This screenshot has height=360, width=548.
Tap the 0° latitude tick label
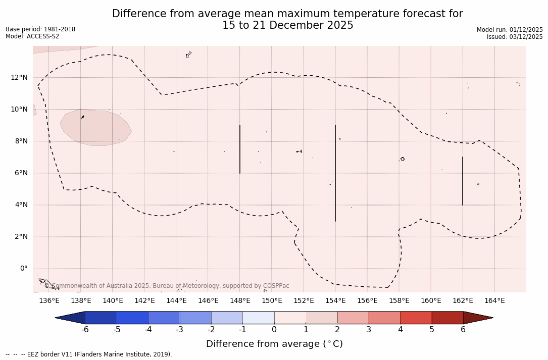click(23, 269)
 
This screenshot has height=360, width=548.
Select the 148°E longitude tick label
click(240, 300)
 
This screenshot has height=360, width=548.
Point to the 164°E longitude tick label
click(494, 300)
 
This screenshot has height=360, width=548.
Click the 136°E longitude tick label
click(49, 300)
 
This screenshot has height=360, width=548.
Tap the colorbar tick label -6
click(85, 330)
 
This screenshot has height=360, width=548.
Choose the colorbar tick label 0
click(274, 330)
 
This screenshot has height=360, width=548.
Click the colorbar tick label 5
click(432, 330)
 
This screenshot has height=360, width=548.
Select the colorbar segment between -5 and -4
click(132, 318)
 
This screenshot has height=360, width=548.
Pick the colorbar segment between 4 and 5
click(416, 318)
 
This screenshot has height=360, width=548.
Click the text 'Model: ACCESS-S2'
click(32, 36)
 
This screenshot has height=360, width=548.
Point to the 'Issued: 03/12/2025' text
click(515, 37)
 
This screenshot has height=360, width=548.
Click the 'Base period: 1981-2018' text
click(40, 29)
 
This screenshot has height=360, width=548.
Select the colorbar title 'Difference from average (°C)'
click(274, 344)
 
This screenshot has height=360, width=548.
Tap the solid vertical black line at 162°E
click(463, 181)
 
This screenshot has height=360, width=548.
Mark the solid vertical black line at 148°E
click(240, 149)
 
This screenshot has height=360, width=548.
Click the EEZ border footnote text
click(89, 354)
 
